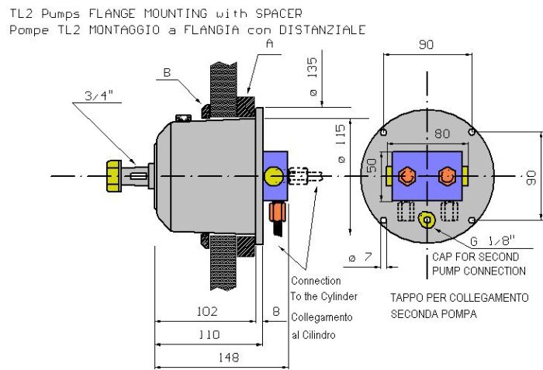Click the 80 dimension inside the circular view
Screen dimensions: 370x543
click(442, 134)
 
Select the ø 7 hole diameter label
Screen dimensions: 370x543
click(358, 257)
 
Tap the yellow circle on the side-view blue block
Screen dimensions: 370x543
click(272, 177)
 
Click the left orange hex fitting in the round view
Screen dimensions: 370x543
click(406, 176)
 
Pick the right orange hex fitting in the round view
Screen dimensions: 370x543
click(446, 176)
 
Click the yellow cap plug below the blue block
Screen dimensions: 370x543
click(426, 220)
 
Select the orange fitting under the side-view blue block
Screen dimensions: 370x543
click(276, 212)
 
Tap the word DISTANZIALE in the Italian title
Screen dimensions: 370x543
click(324, 29)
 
